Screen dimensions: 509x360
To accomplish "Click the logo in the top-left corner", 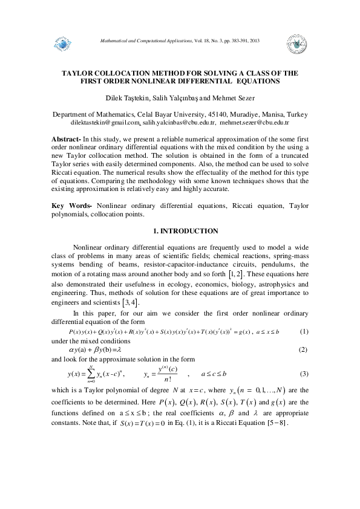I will click(x=63, y=44).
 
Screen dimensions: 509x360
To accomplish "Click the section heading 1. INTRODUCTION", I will click(x=180, y=232).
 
